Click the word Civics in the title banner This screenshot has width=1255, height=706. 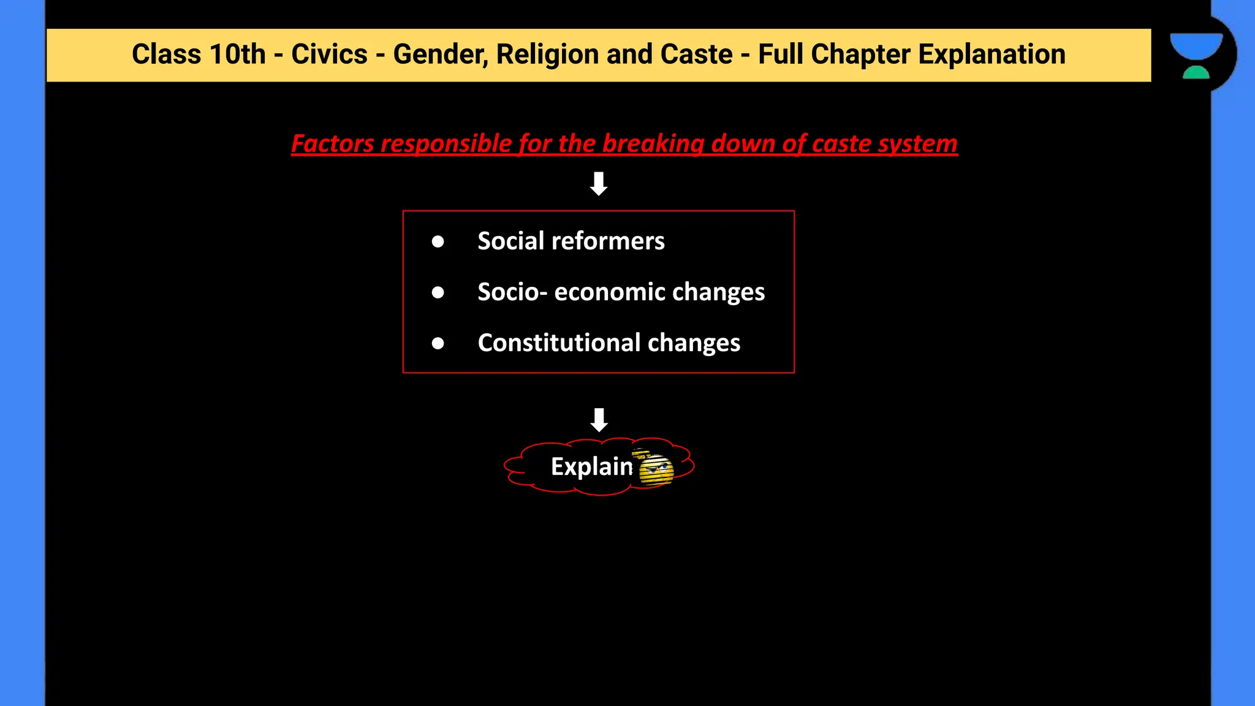tap(329, 55)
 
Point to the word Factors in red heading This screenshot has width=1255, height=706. tap(332, 144)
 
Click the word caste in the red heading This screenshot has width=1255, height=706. tap(841, 144)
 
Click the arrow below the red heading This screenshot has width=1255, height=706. tap(599, 184)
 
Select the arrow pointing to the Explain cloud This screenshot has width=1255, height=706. tap(599, 420)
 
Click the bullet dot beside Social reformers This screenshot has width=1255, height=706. tap(438, 241)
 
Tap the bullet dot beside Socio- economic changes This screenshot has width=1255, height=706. tap(438, 292)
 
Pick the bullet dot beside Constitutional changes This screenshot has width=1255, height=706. tap(438, 343)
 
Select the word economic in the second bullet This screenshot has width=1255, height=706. tap(597, 292)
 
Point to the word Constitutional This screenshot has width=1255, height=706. tap(559, 343)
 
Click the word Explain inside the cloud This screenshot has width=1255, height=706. tap(591, 467)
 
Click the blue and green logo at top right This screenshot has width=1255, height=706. tap(1196, 55)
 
